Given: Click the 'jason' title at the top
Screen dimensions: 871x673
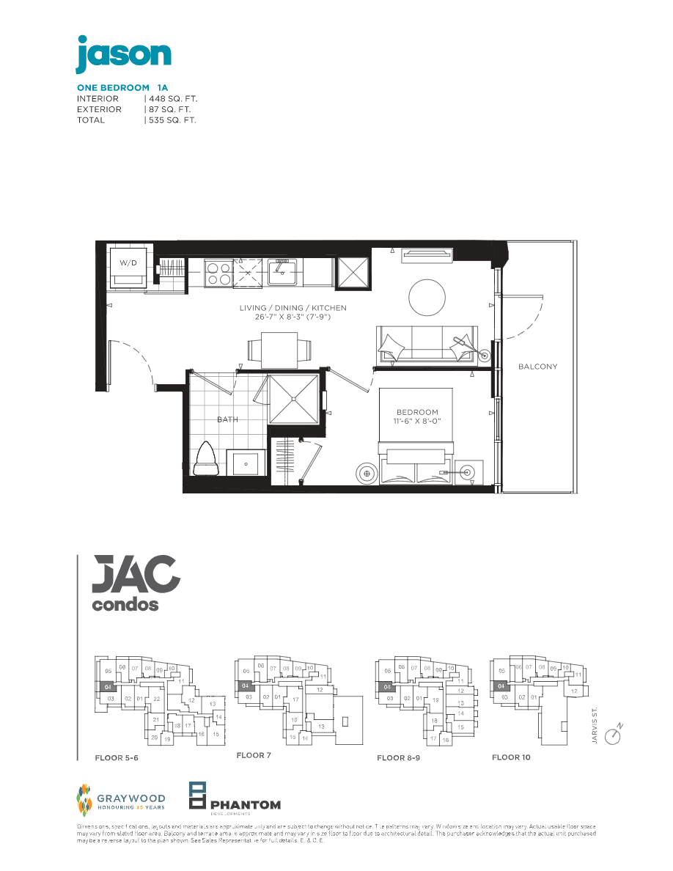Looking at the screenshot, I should (x=123, y=54).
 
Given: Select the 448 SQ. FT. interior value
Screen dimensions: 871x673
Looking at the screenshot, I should (x=173, y=98).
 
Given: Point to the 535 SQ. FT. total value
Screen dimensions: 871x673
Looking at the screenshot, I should (x=173, y=120).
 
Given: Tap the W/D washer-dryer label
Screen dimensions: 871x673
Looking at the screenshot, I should (x=128, y=262).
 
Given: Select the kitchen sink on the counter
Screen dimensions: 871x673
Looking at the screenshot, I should (x=281, y=272).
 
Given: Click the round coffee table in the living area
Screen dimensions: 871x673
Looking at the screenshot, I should (x=426, y=298).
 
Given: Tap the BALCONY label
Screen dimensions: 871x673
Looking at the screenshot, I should (x=537, y=367).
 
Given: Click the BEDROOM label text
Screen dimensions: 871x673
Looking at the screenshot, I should (x=418, y=412).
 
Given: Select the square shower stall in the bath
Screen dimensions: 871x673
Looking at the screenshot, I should (x=294, y=399).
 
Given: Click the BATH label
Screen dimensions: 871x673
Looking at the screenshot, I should (x=227, y=419).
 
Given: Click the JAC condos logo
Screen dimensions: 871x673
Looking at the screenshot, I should (x=136, y=584).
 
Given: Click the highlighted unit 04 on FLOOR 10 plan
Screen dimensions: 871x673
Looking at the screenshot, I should (x=501, y=686).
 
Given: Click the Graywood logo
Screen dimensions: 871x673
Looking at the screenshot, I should (x=121, y=798).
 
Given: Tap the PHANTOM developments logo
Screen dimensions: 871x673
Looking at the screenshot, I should (x=235, y=798).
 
